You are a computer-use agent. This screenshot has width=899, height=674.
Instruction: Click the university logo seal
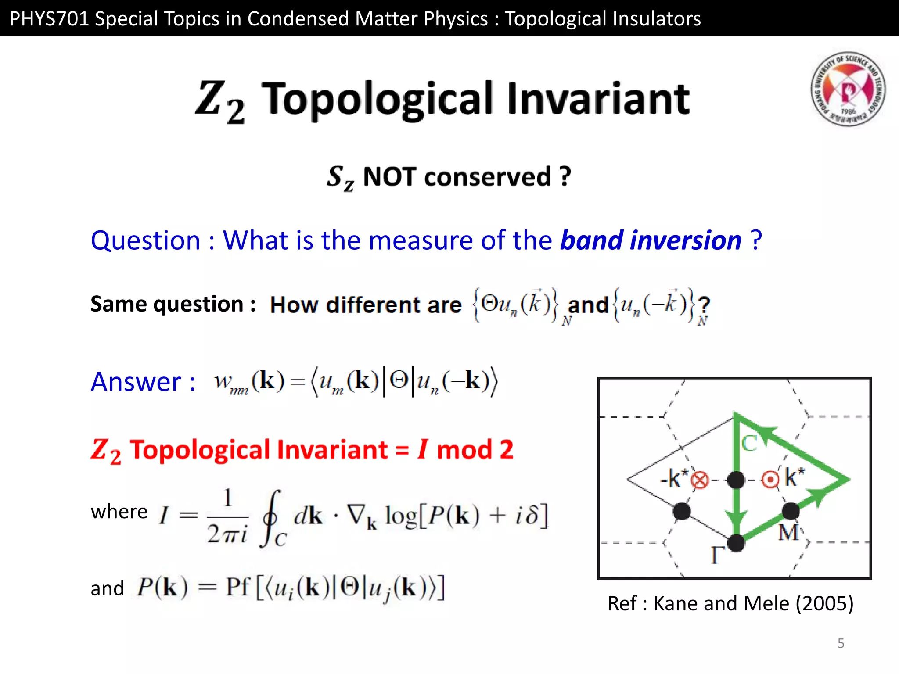(x=848, y=89)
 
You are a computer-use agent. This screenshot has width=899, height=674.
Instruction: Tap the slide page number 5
(x=841, y=643)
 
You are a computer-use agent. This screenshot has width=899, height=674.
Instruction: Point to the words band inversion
(x=651, y=241)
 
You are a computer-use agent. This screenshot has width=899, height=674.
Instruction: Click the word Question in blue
(x=145, y=241)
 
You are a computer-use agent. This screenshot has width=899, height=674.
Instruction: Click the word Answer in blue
(x=136, y=382)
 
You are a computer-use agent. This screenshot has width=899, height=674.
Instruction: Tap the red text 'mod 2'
(x=475, y=450)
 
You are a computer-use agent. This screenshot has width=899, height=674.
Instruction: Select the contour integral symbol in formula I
(x=271, y=518)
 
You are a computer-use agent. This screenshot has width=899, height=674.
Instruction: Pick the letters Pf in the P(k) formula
(x=237, y=587)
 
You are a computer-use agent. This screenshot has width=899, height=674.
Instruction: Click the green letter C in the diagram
(x=749, y=444)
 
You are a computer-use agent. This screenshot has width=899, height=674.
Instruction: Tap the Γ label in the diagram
(x=717, y=555)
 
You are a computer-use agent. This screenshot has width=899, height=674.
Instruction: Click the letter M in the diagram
(x=788, y=533)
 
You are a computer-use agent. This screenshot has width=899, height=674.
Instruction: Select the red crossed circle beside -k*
(x=700, y=480)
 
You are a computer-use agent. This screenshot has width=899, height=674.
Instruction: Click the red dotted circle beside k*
(x=770, y=480)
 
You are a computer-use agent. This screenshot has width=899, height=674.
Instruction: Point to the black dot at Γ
(x=736, y=543)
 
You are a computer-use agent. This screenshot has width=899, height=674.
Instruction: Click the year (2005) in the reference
(x=824, y=604)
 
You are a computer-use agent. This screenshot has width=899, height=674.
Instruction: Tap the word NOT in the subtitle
(x=389, y=177)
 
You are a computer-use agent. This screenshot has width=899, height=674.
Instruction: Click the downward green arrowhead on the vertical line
(x=736, y=518)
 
